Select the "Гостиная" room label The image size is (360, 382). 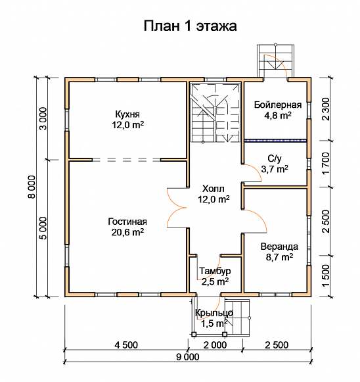pos(128,222)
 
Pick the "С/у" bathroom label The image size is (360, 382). pos(275,158)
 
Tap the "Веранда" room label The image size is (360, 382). pos(279,247)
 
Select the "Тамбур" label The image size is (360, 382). pos(214,271)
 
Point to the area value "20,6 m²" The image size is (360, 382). pos(128,232)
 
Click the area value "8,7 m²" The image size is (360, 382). pos(279,257)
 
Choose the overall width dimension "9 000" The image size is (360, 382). pos(187,357)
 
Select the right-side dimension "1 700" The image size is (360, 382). pos(326,163)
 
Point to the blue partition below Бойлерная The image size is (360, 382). pos(275,140)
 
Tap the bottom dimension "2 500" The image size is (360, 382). pos(277,344)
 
